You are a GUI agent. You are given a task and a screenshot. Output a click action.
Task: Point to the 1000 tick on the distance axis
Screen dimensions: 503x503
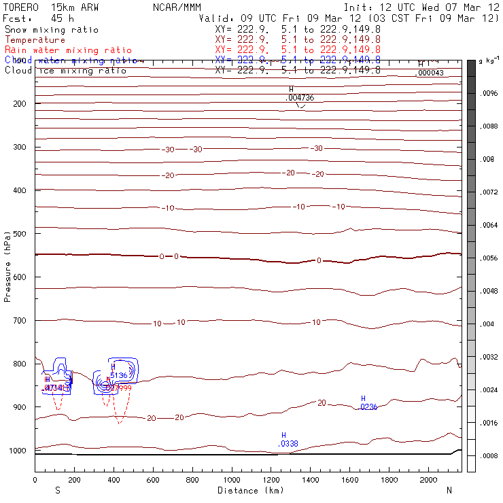[232, 480]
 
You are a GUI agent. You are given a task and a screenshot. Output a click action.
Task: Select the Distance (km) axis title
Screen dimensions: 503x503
[248, 490]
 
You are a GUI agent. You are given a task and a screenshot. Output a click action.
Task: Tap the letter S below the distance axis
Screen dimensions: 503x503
[58, 490]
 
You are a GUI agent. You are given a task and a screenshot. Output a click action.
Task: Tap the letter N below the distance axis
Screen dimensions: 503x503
[449, 490]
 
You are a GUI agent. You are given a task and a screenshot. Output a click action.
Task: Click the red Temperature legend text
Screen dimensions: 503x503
[35, 40]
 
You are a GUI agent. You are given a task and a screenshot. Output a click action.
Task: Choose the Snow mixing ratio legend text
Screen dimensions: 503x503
[51, 30]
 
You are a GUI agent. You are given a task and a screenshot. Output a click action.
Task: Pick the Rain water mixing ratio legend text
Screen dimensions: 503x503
[69, 50]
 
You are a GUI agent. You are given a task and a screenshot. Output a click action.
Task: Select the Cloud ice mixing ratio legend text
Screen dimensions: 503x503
[65, 71]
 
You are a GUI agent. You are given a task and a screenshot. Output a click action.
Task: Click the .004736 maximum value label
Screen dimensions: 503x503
[300, 98]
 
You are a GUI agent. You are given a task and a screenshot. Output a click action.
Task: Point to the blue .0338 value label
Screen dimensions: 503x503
[288, 444]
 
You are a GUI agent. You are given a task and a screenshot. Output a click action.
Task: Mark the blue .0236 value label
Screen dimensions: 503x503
[368, 407]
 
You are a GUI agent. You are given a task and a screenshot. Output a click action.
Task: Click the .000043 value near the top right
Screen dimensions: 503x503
[430, 73]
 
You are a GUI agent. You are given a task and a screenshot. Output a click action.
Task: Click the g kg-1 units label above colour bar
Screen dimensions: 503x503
[489, 61]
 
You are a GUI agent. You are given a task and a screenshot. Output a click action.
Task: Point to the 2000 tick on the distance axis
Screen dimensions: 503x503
[429, 480]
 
